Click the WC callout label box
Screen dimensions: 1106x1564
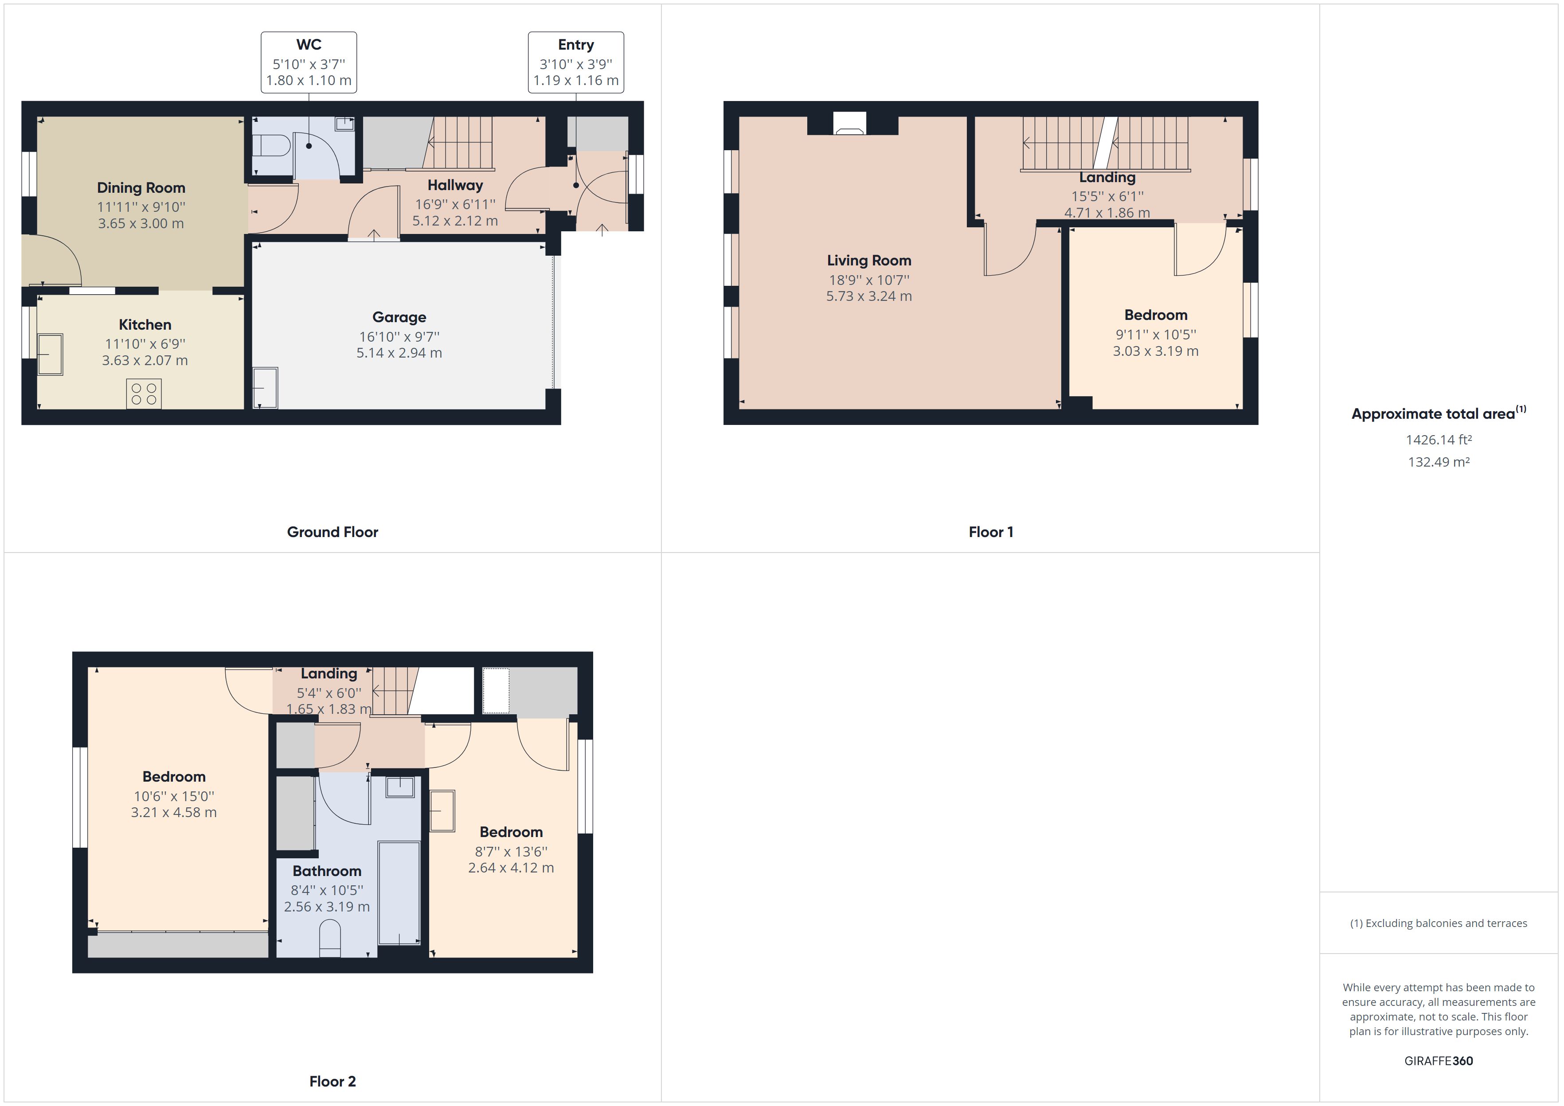[309, 62]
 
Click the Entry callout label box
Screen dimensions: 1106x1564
[575, 62]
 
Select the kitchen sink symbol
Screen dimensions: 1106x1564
[50, 354]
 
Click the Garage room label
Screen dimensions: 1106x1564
[399, 317]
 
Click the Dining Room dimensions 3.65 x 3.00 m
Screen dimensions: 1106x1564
[141, 223]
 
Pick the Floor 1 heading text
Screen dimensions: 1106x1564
[990, 532]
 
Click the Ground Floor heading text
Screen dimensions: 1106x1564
[332, 532]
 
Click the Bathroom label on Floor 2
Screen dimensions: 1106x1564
[327, 871]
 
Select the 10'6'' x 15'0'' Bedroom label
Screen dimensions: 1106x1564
[174, 795]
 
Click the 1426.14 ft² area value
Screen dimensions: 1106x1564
[1438, 440]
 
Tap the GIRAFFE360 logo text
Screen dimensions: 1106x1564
[1438, 1060]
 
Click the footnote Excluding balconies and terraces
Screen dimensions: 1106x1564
[1438, 923]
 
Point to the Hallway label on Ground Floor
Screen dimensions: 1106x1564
[455, 185]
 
